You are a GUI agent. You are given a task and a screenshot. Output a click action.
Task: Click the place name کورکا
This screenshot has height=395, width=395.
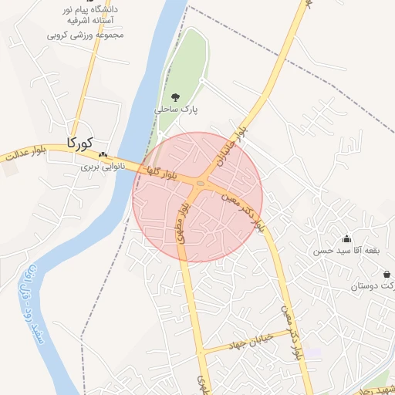(79, 143)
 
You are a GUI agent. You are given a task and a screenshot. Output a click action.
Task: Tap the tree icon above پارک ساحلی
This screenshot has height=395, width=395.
(176, 97)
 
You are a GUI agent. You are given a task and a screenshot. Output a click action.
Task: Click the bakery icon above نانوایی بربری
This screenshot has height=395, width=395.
(103, 154)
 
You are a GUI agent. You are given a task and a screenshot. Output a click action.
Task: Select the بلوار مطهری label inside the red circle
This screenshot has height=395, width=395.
(183, 223)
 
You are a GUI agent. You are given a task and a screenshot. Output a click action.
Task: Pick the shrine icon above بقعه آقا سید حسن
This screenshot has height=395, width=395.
(346, 238)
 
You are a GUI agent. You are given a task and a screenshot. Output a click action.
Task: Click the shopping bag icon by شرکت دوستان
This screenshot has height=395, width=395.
(386, 275)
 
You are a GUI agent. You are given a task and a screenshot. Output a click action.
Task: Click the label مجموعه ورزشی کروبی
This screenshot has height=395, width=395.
(84, 35)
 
